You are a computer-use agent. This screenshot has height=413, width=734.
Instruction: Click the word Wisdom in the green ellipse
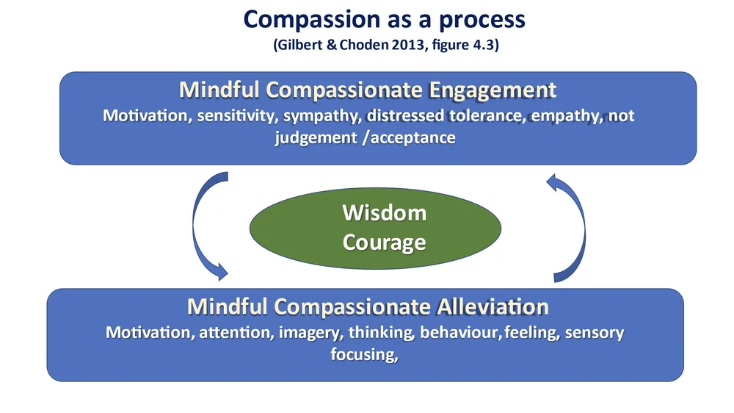pyautogui.click(x=384, y=214)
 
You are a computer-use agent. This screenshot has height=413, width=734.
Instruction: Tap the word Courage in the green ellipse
pyautogui.click(x=384, y=242)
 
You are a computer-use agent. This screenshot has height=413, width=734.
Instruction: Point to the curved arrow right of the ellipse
pyautogui.click(x=572, y=229)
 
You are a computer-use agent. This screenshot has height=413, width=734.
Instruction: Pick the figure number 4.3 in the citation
pyautogui.click(x=485, y=46)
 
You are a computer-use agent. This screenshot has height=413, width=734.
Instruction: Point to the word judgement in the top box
pyautogui.click(x=316, y=137)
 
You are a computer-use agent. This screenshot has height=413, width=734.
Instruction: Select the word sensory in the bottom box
pyautogui.click(x=595, y=332)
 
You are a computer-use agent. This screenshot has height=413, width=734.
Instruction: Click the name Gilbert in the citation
pyautogui.click(x=299, y=46)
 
